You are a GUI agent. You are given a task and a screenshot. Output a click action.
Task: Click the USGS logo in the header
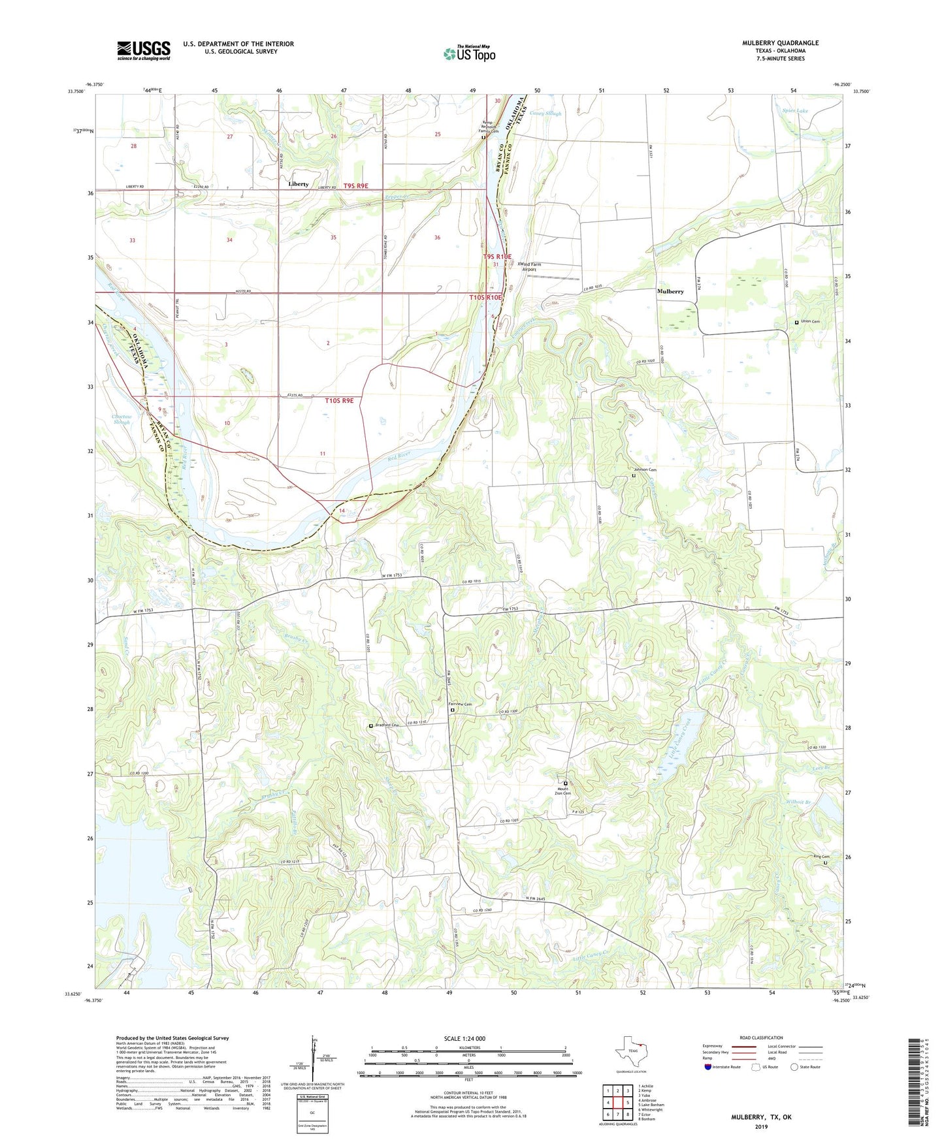(x=144, y=50)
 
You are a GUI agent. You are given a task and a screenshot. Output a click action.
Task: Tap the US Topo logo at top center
(x=468, y=54)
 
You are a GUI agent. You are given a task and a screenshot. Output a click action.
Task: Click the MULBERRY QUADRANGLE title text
(x=779, y=43)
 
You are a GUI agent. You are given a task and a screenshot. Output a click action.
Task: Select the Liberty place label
(x=298, y=184)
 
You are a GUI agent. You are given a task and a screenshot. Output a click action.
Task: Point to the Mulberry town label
(x=670, y=291)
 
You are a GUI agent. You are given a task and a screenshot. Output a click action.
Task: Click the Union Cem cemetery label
(x=810, y=322)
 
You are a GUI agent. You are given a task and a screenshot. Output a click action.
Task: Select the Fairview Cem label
(x=460, y=705)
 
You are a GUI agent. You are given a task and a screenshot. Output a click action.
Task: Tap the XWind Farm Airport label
(x=530, y=266)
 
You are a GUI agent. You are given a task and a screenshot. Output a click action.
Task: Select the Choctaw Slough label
(x=122, y=419)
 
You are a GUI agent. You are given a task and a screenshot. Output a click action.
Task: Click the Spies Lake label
(x=795, y=111)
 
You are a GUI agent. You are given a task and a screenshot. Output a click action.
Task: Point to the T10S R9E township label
(x=339, y=400)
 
